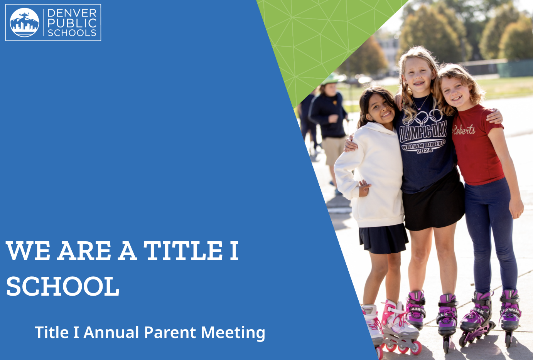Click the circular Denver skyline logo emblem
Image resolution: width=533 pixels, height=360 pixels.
tap(25, 22)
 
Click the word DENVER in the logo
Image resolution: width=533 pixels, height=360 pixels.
tap(72, 13)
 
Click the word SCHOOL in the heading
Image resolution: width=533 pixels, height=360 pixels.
tap(62, 286)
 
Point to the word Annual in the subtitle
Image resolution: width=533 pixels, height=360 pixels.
tap(111, 332)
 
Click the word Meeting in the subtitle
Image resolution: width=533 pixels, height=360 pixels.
tap(233, 333)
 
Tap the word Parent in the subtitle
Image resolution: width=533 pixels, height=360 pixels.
tap(170, 332)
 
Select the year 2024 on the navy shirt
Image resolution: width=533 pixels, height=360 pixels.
tap(425, 151)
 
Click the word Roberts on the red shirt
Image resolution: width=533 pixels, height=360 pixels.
tap(464, 130)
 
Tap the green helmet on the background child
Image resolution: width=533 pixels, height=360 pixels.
tap(331, 79)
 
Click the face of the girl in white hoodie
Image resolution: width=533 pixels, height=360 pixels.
tap(380, 109)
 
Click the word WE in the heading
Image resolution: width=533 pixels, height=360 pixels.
tap(28, 251)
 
